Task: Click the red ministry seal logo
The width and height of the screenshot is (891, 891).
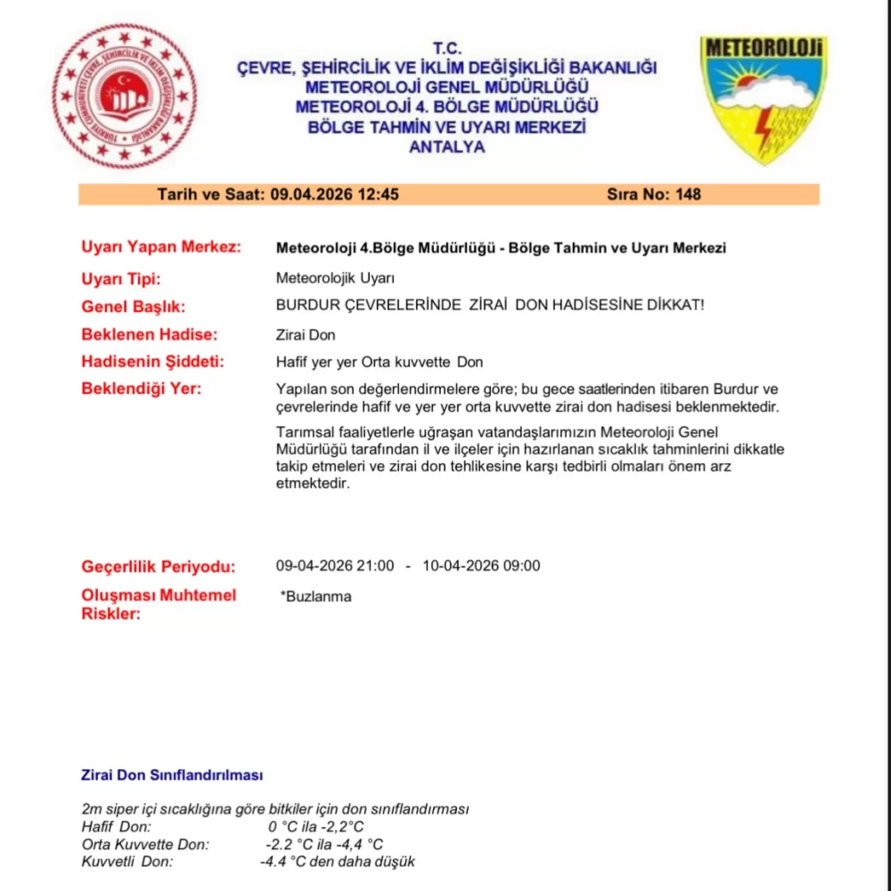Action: [x=124, y=97]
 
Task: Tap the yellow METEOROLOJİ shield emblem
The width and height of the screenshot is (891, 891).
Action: [x=764, y=98]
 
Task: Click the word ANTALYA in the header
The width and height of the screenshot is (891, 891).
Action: [x=446, y=147]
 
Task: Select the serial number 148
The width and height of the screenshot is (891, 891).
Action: [x=689, y=194]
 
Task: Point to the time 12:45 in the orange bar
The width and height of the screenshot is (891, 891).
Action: [x=378, y=194]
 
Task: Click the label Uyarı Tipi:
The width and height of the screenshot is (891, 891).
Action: [x=120, y=278]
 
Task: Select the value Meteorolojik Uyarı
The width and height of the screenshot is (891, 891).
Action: [x=335, y=278]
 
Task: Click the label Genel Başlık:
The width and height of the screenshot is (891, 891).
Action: [x=133, y=307]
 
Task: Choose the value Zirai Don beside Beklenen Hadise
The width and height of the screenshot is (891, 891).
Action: [x=306, y=335]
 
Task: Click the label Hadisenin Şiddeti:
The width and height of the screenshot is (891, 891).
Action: [x=152, y=362]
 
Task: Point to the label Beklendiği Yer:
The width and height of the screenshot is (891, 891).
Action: [x=141, y=388]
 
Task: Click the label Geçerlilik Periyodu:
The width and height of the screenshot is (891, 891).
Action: [x=159, y=567]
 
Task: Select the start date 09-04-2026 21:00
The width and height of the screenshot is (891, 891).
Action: [x=335, y=566]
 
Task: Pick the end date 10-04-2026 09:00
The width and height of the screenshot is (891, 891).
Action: [x=481, y=566]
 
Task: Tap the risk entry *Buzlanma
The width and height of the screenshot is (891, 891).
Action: [x=315, y=596]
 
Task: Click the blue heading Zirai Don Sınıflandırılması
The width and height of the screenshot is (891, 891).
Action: [x=172, y=775]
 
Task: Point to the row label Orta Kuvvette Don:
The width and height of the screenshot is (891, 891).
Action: [x=145, y=844]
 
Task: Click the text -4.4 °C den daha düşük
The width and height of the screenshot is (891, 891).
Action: [x=337, y=862]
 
